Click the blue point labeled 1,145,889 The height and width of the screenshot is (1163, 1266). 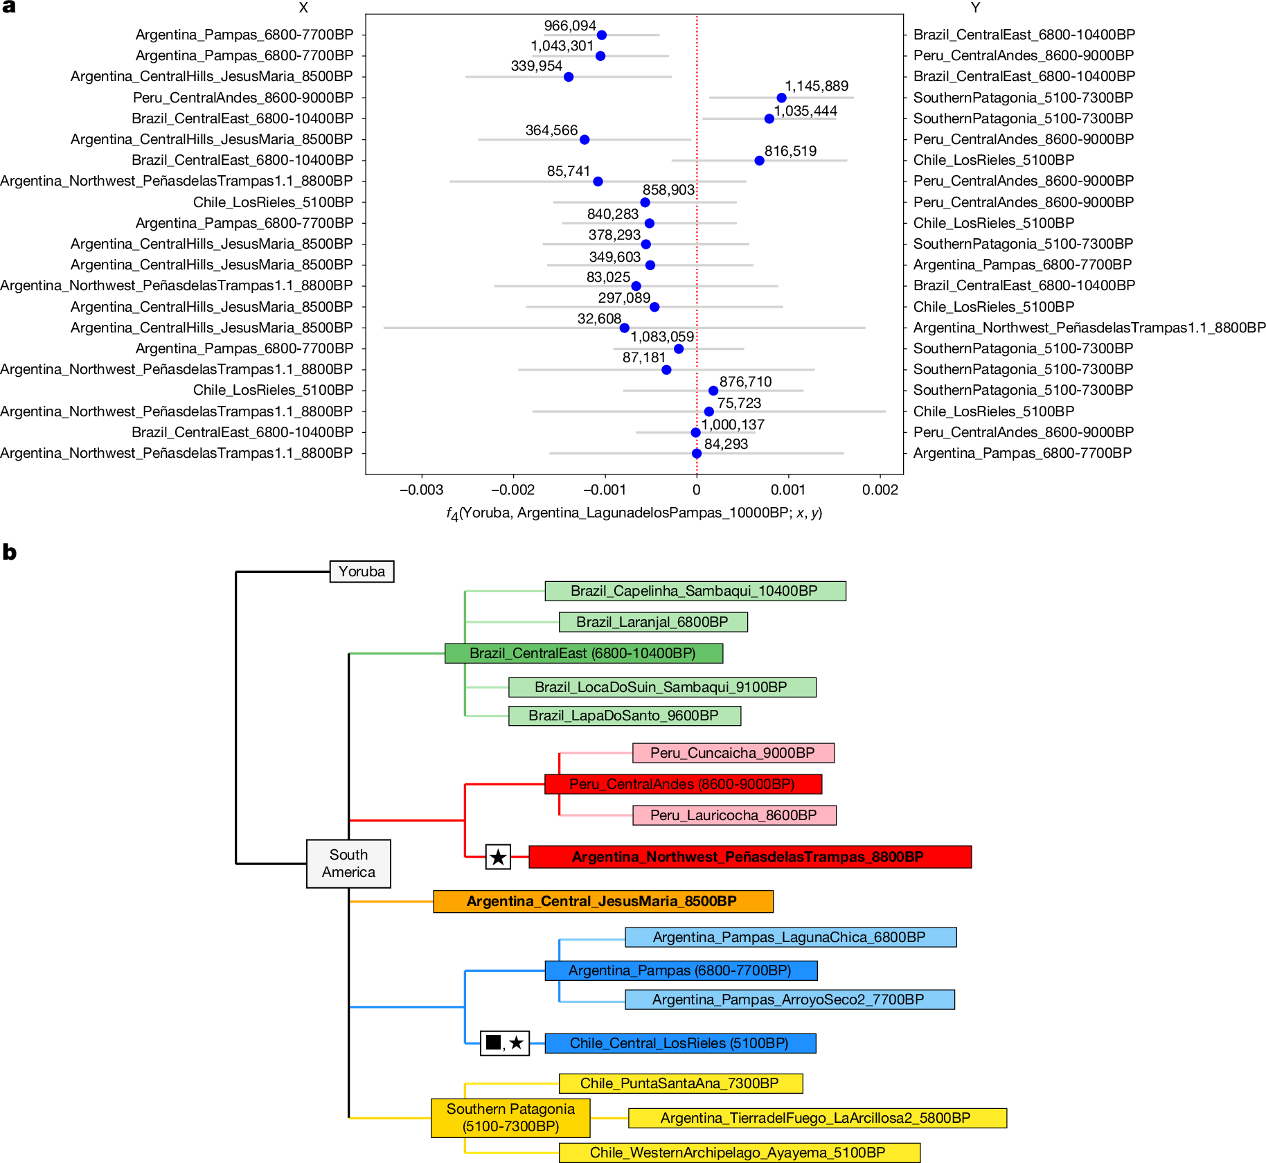click(x=781, y=98)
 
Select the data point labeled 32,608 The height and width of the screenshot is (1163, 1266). click(x=624, y=328)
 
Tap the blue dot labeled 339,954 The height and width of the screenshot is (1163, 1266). click(x=569, y=77)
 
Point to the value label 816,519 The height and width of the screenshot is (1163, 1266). click(x=790, y=151)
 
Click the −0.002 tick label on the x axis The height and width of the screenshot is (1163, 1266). click(x=512, y=490)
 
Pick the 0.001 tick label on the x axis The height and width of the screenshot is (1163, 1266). click(x=788, y=490)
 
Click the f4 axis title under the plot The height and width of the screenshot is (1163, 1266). click(x=634, y=513)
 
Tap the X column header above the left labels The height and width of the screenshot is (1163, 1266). click(x=303, y=8)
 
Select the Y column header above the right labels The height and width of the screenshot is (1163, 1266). click(x=975, y=8)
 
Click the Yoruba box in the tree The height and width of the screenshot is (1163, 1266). click(x=362, y=571)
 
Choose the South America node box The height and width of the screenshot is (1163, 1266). click(x=348, y=863)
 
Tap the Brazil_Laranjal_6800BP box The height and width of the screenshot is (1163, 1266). click(x=652, y=622)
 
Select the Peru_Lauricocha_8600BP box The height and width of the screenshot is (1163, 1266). click(x=733, y=815)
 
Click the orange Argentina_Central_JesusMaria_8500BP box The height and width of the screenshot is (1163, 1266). click(x=603, y=901)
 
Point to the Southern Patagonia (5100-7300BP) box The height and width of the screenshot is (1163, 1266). click(x=510, y=1117)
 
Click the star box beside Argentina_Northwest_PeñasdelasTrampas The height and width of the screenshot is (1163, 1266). click(x=498, y=857)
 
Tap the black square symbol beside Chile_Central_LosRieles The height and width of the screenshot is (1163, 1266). click(x=493, y=1042)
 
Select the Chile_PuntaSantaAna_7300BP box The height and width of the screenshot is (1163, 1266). click(x=680, y=1083)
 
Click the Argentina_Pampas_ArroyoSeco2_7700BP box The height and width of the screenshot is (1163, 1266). click(x=789, y=1000)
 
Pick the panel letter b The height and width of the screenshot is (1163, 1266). click(x=9, y=552)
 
